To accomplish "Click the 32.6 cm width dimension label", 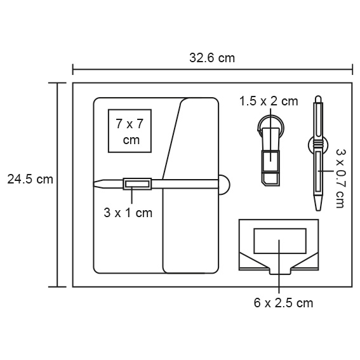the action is pyautogui.click(x=212, y=58).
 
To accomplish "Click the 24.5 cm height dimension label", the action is pyautogui.click(x=30, y=179).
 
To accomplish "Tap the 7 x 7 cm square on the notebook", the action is pyautogui.click(x=130, y=131).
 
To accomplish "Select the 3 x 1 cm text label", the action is pyautogui.click(x=128, y=213).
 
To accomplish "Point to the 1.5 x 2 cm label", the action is pyautogui.click(x=269, y=101).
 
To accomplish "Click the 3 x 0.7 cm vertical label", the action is pyautogui.click(x=341, y=178).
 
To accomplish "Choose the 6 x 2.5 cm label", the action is pyautogui.click(x=283, y=303).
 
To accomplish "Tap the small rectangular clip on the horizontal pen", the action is pyautogui.click(x=137, y=184).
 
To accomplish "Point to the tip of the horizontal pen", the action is pyautogui.click(x=94, y=184).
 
